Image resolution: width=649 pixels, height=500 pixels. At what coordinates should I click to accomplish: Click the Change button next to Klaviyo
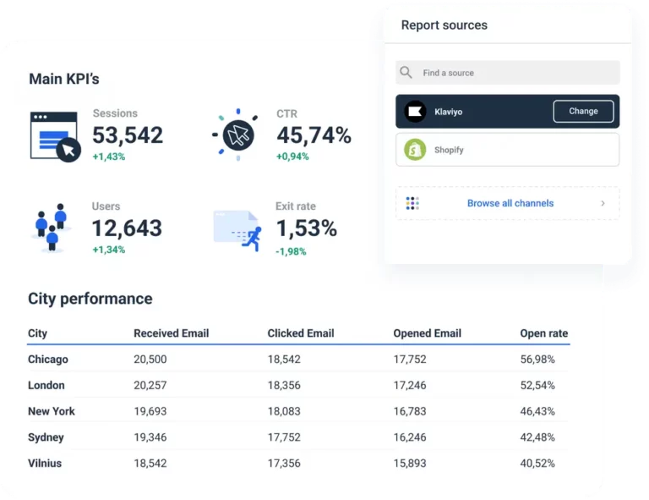click(583, 112)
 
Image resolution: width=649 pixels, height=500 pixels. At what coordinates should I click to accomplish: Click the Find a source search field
click(507, 73)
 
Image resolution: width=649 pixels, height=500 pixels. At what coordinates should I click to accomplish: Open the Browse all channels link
click(510, 203)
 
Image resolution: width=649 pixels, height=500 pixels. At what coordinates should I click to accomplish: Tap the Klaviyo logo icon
click(415, 112)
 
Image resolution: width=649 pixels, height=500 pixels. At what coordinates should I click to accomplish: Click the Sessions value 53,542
click(128, 135)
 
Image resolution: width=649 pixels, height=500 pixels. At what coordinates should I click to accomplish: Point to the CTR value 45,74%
click(314, 135)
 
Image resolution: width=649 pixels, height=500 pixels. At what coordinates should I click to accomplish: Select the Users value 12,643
click(127, 228)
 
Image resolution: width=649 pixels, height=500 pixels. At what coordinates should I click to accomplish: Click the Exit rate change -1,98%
click(292, 251)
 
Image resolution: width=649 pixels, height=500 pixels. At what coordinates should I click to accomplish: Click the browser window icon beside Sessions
click(54, 135)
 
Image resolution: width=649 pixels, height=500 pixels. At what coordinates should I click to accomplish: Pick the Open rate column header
click(543, 333)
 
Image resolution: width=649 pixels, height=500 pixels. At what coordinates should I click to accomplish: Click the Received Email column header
click(171, 333)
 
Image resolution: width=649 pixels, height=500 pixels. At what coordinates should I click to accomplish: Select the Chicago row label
click(48, 360)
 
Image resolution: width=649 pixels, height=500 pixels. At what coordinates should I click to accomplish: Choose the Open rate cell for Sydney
click(537, 437)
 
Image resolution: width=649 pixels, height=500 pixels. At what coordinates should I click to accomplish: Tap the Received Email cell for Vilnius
click(150, 464)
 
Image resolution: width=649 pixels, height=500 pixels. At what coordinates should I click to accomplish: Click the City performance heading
click(90, 299)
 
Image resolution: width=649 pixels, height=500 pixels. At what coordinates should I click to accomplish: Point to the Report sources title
click(444, 25)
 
